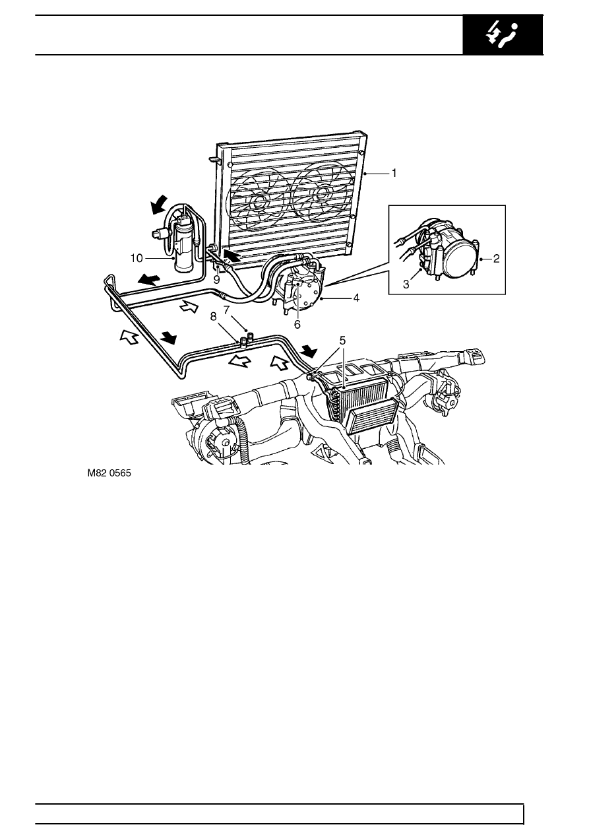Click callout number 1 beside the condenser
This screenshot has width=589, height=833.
[x=394, y=174]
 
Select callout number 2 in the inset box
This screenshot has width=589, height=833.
[x=496, y=259]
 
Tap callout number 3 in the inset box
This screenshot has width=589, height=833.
[x=406, y=284]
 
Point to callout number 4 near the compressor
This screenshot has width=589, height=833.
[x=356, y=298]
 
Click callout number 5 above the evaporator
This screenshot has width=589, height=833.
[x=342, y=341]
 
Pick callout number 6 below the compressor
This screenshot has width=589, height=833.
[x=297, y=325]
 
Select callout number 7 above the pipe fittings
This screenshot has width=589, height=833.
[x=227, y=310]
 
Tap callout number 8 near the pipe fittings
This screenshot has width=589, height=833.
[x=213, y=317]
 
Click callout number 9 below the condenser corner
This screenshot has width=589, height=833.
[x=216, y=280]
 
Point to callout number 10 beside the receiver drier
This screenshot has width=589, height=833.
[x=137, y=258]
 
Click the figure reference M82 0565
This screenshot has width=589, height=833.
[x=109, y=473]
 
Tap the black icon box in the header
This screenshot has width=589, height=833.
[x=503, y=34]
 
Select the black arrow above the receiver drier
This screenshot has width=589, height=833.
[x=159, y=205]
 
